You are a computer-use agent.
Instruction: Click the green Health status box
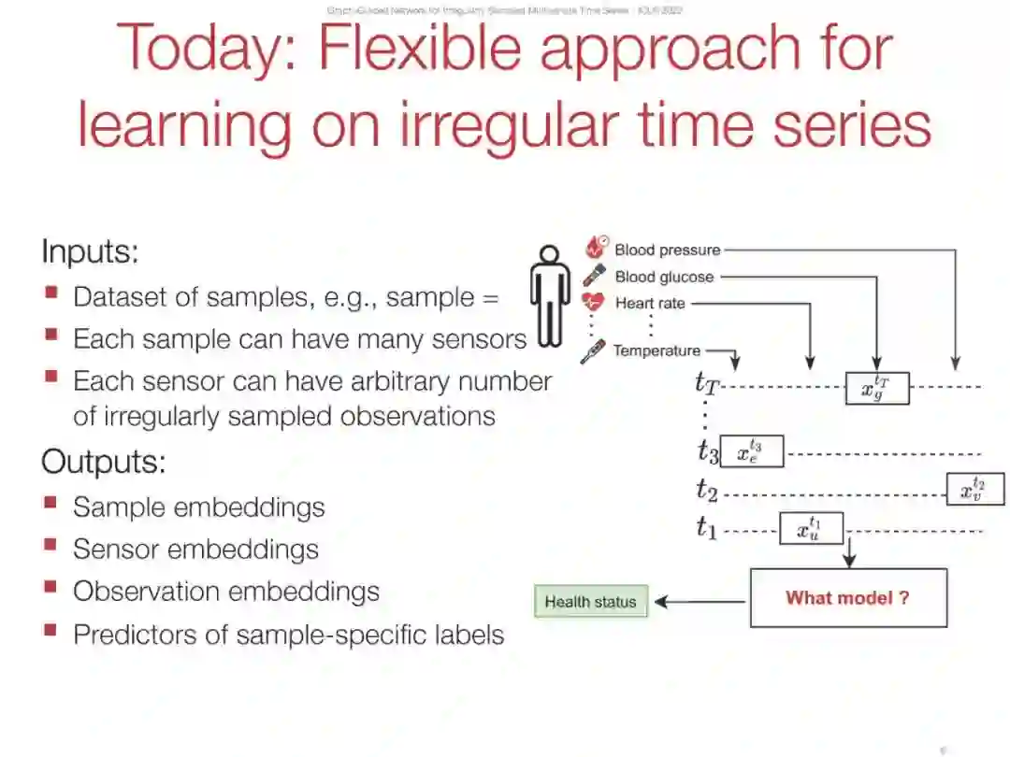click(x=590, y=602)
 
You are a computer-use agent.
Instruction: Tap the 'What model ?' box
click(x=848, y=598)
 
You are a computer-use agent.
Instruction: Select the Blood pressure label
click(x=667, y=250)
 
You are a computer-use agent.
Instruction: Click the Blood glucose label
click(x=664, y=278)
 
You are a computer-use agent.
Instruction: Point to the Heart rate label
click(x=650, y=304)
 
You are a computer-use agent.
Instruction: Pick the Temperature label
click(x=656, y=351)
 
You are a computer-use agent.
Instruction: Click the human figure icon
click(x=550, y=296)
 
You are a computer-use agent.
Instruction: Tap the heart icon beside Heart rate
click(x=593, y=303)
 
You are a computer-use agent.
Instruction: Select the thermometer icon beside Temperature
click(x=593, y=352)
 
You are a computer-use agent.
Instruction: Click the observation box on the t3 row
click(x=752, y=452)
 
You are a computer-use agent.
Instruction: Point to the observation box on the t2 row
click(x=975, y=489)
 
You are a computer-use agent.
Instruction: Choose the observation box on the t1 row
click(x=812, y=529)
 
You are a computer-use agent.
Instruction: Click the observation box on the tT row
click(x=877, y=387)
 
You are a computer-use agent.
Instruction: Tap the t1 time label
click(x=706, y=528)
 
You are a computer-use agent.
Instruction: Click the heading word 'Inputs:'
click(x=90, y=251)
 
